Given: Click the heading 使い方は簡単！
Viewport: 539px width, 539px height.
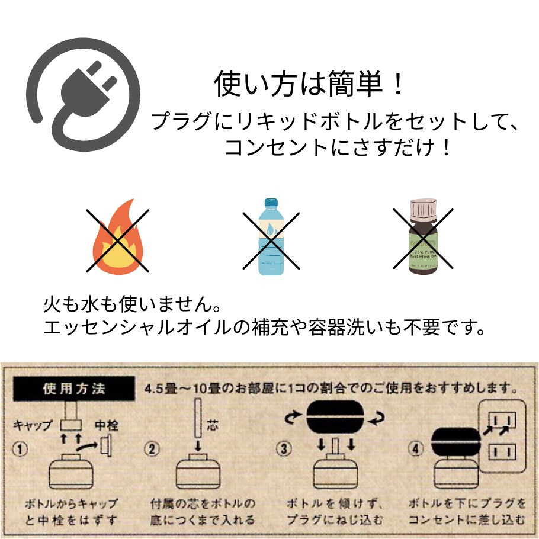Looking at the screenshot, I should pos(310,84).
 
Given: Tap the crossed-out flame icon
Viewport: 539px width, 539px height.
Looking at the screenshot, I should pos(117,239).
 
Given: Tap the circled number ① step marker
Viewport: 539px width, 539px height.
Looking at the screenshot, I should pos(21,449).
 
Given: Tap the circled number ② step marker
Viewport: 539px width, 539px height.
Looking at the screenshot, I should pos(153,449).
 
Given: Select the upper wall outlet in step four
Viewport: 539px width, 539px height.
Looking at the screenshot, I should pos(501,421).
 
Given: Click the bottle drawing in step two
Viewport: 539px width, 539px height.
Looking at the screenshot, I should pos(199,471).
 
